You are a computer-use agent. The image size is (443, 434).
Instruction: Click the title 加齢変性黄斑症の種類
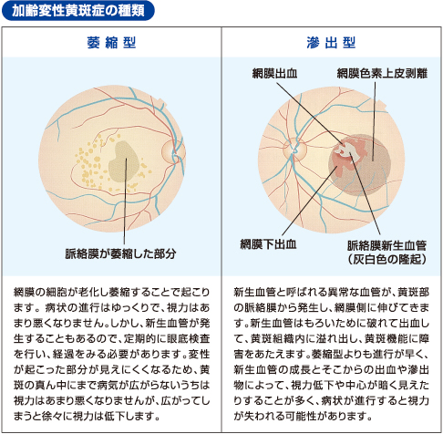tap(78, 11)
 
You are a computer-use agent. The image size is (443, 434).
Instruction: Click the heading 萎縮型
tap(111, 43)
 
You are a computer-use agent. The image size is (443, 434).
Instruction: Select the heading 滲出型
tap(331, 43)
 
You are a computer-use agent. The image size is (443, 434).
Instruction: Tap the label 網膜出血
tap(274, 73)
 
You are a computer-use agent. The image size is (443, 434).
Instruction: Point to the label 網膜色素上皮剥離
tap(382, 73)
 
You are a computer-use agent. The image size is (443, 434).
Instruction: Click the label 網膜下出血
tap(268, 244)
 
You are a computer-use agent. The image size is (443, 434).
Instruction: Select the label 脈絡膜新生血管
tap(386, 245)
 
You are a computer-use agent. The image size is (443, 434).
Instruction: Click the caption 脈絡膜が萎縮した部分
tap(120, 253)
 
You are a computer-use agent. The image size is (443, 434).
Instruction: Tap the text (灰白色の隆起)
tap(386, 259)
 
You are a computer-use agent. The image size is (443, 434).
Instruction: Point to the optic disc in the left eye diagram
tap(173, 152)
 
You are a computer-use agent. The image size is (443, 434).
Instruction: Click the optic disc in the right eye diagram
tap(295, 150)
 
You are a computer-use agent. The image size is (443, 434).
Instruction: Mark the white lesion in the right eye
tap(348, 150)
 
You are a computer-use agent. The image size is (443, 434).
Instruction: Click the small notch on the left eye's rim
tap(162, 103)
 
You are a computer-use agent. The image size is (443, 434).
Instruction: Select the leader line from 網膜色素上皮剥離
tap(374, 121)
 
